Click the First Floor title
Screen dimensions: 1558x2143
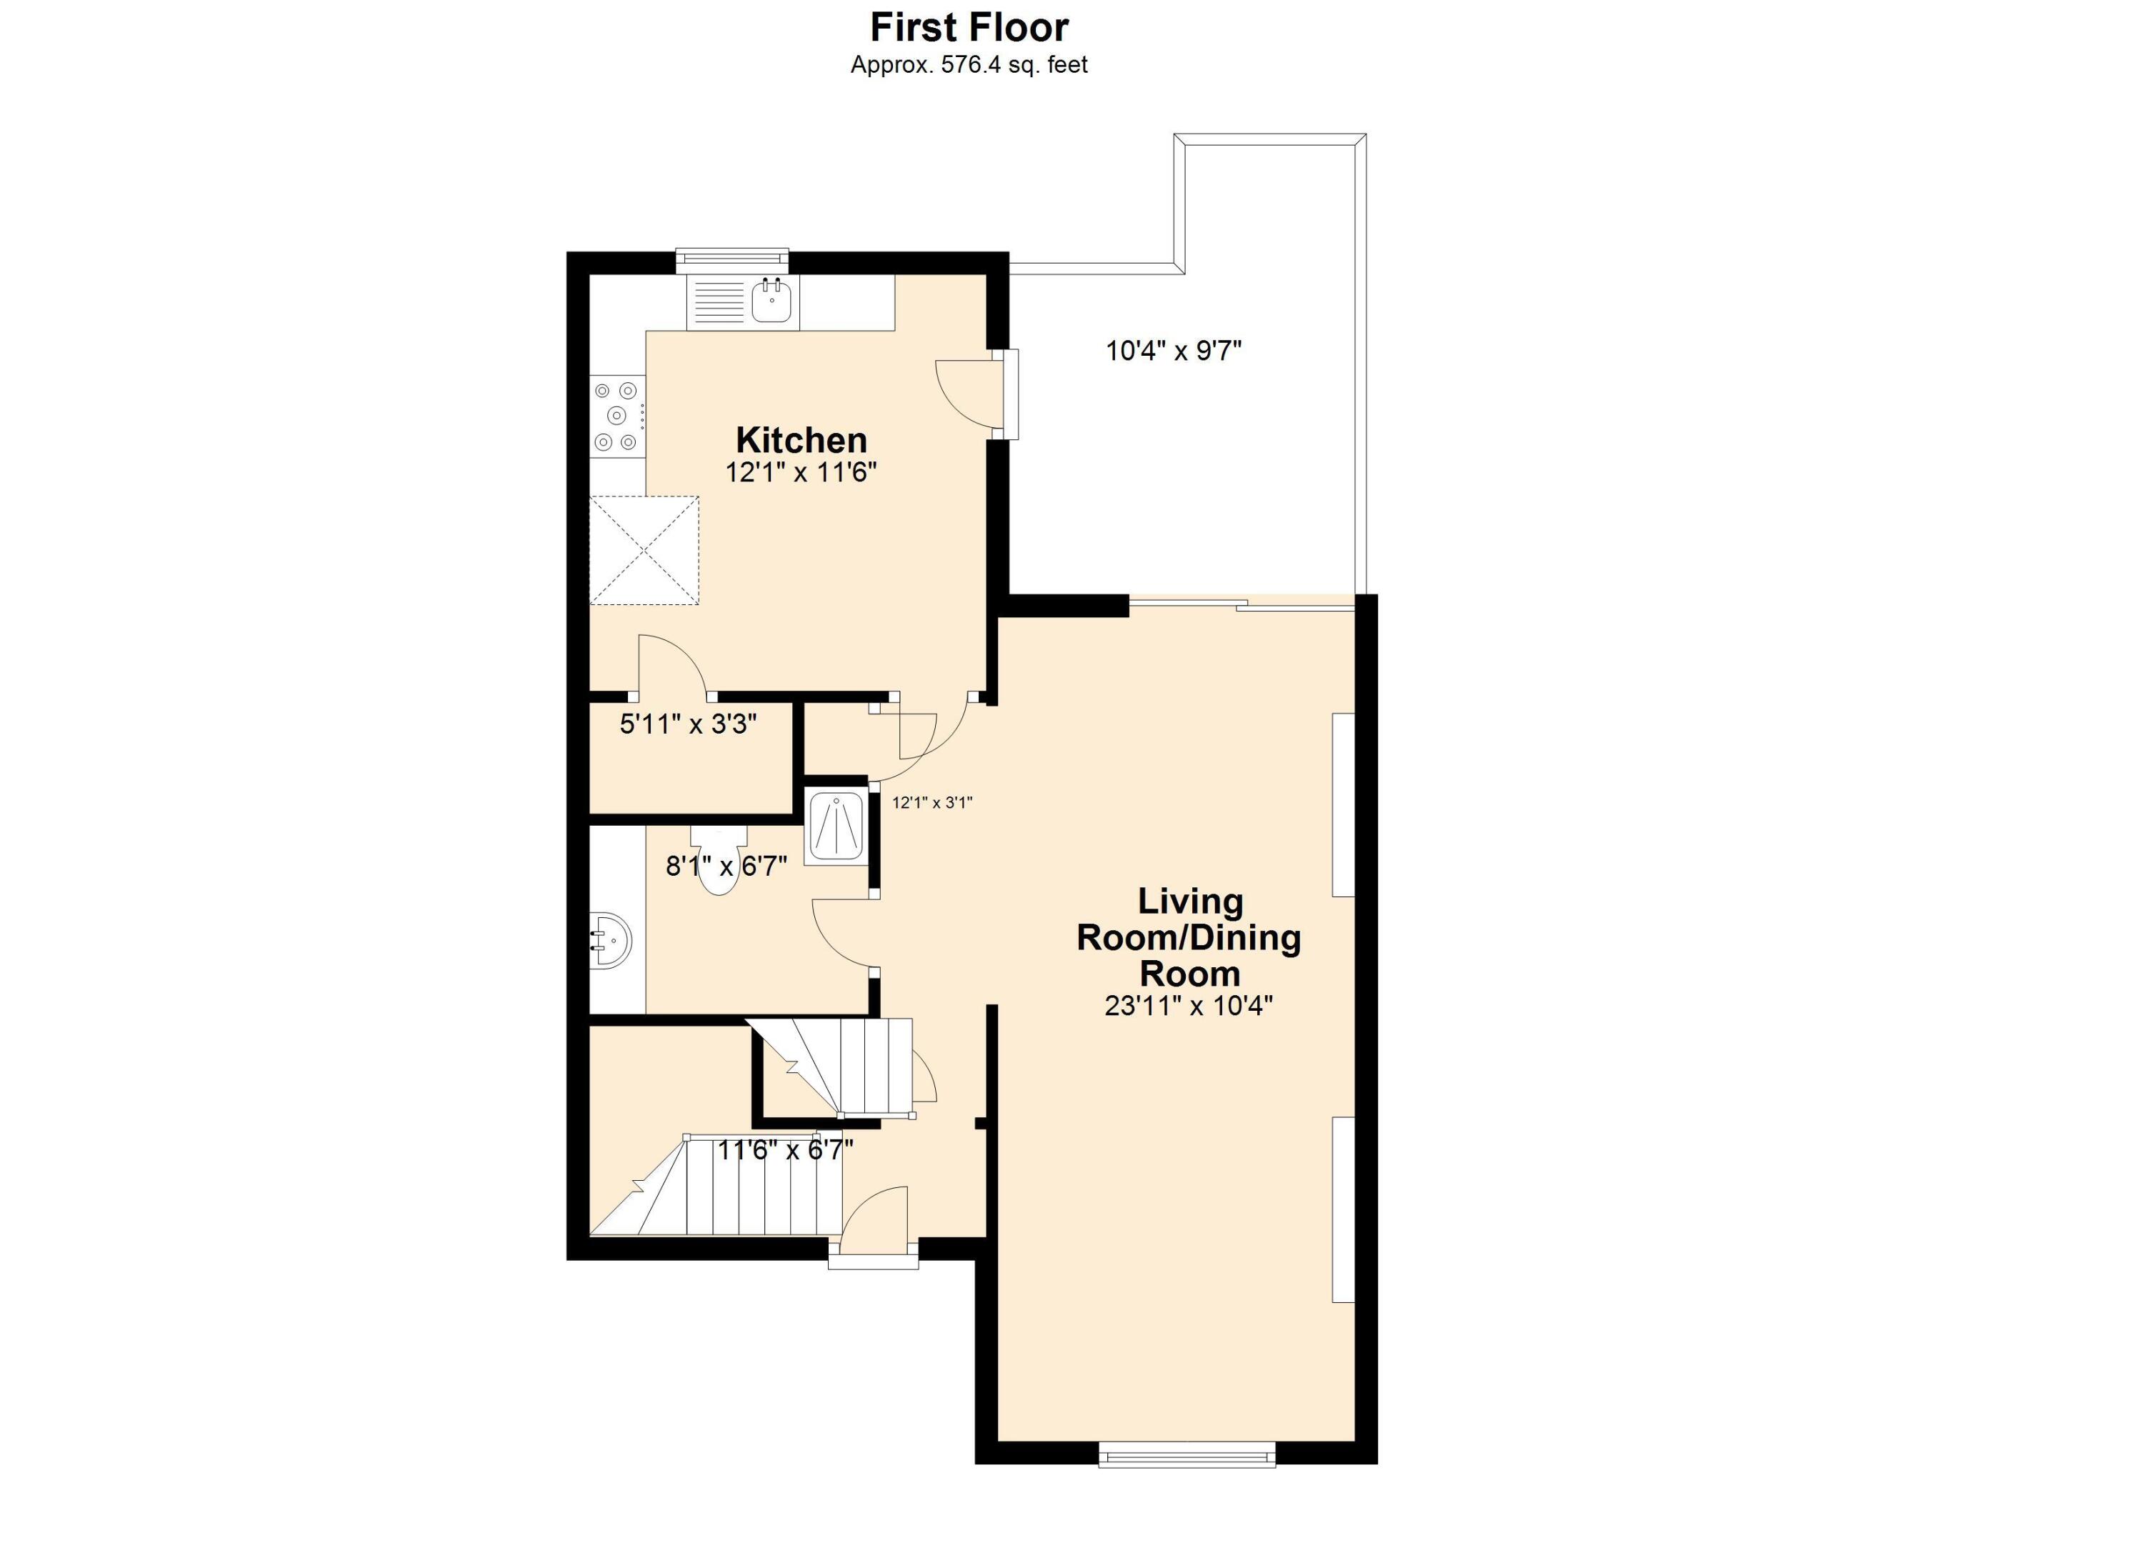point(969,27)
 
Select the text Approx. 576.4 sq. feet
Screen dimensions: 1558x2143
point(969,65)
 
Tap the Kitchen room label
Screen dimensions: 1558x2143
point(801,440)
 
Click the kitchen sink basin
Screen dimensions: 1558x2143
point(771,301)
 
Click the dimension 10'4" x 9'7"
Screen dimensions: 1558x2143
point(1173,351)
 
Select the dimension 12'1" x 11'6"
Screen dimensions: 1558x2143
point(801,472)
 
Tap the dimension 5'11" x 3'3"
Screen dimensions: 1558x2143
point(688,724)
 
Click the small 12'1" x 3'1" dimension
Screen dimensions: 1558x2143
point(931,803)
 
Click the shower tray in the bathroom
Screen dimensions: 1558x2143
point(836,828)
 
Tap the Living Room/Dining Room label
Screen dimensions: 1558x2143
point(1189,937)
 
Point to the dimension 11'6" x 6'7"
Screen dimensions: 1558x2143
point(785,1151)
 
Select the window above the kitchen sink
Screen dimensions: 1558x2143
point(732,257)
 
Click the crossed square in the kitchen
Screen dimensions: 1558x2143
point(644,550)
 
